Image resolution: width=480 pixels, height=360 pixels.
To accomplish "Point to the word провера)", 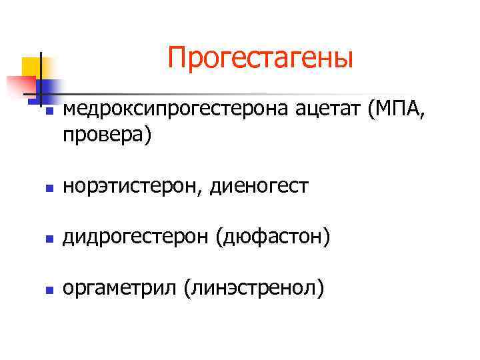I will pos(107,135).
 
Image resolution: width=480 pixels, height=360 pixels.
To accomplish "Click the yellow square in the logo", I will pos(30,67).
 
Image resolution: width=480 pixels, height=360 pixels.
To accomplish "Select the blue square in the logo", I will pos(50,87).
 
